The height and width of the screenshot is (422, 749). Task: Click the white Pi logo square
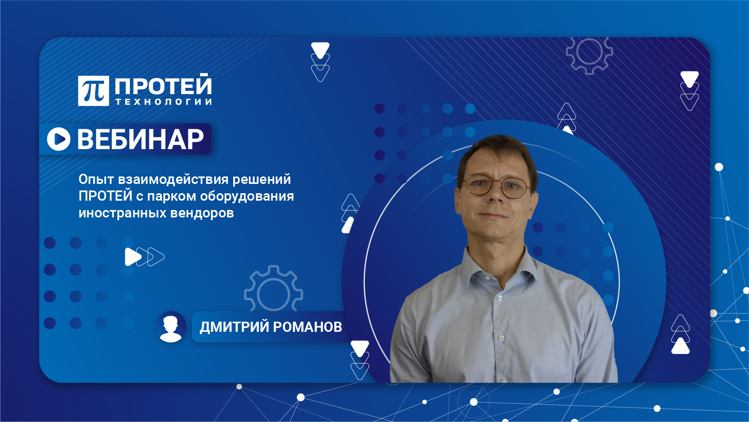(93, 91)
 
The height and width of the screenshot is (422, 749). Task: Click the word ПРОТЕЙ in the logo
(163, 85)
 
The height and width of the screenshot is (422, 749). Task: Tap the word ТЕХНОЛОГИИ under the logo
(164, 102)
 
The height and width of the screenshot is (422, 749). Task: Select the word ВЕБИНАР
(140, 139)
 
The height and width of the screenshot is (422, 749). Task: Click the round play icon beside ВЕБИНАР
(59, 139)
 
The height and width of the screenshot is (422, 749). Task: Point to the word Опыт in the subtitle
(96, 179)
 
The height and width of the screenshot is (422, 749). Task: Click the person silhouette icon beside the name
(170, 327)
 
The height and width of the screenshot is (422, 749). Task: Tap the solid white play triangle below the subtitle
(132, 257)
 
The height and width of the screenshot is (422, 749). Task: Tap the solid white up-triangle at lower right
(680, 346)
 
